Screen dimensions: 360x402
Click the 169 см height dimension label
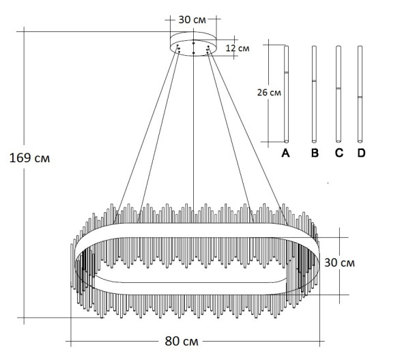30,157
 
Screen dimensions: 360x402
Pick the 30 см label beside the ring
339,262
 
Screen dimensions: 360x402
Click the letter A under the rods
286,154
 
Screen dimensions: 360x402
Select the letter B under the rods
314,154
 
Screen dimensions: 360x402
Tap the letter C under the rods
339,154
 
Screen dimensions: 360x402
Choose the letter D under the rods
361,154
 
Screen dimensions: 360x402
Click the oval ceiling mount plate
193,43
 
